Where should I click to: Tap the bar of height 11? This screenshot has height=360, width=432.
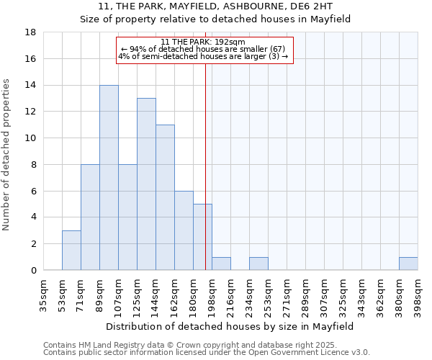coord(165,197)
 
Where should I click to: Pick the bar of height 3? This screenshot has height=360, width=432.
coord(71,250)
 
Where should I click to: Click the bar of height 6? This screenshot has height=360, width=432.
coord(184,230)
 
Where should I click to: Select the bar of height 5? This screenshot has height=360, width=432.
coord(202,237)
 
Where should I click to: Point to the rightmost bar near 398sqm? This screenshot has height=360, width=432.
coord(408,264)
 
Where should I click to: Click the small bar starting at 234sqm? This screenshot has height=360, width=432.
coord(258,264)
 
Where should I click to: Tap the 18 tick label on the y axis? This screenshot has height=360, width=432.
coord(30,32)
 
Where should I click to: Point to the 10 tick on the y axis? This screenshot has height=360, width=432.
coord(30,138)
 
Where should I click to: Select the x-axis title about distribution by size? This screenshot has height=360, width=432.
coord(230,326)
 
